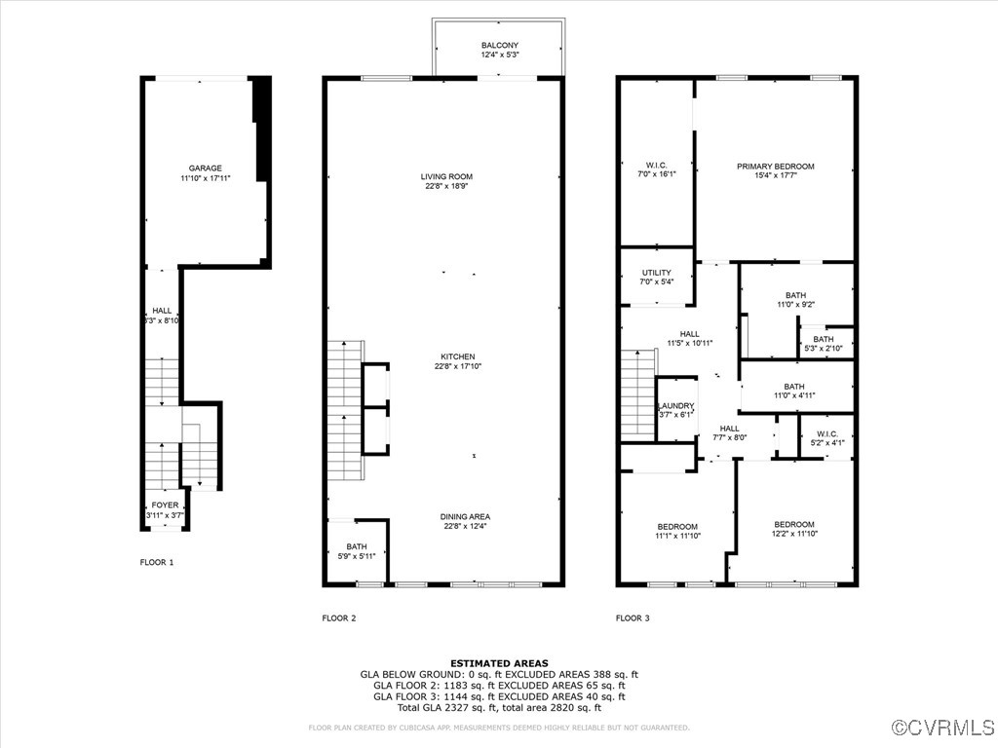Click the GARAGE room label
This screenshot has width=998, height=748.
(x=206, y=168)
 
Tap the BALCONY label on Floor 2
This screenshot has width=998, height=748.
(x=499, y=45)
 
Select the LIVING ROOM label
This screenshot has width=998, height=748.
(x=446, y=176)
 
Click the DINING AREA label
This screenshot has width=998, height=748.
(x=465, y=516)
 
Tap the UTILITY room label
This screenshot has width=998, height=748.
(x=656, y=272)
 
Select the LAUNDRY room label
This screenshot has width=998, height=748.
(x=675, y=405)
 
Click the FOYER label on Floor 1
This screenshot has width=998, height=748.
(x=165, y=505)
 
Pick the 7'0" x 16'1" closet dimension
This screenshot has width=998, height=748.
(x=656, y=174)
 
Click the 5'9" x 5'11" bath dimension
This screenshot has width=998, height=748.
(x=356, y=555)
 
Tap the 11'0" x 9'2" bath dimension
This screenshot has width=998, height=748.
(x=795, y=304)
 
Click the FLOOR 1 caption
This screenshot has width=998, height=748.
(x=157, y=562)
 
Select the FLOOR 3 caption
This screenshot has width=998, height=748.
(x=633, y=617)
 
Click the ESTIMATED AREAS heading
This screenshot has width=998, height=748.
(x=499, y=663)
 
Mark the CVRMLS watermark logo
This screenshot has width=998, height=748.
(x=944, y=728)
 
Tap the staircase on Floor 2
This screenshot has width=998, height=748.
(x=344, y=409)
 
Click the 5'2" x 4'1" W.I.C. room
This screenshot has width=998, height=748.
(x=826, y=437)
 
